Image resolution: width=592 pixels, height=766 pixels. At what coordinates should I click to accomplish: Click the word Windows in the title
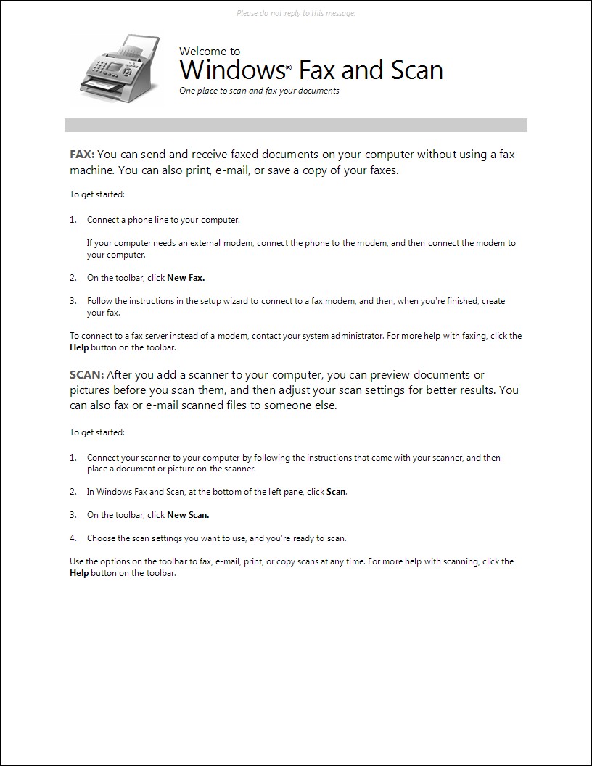click(231, 70)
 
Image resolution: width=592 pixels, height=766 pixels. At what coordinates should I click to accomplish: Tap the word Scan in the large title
click(416, 70)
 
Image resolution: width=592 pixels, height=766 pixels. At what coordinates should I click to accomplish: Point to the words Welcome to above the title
click(210, 52)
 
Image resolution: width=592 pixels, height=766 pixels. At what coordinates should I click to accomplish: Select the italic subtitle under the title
click(259, 91)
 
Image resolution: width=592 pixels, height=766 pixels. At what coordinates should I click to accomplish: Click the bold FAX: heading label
click(82, 154)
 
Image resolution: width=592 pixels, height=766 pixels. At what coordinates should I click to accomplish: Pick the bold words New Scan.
click(188, 515)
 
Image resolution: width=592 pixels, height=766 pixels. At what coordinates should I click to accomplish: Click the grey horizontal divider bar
click(295, 125)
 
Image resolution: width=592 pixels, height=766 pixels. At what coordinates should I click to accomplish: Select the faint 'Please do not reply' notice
click(296, 13)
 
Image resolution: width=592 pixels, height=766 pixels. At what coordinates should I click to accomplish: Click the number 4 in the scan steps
click(73, 538)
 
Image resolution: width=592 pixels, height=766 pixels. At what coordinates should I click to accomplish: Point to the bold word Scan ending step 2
click(336, 492)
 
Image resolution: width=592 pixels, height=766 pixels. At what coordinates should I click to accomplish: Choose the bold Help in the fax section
click(79, 347)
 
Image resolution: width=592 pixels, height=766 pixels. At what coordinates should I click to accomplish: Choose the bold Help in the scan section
click(79, 573)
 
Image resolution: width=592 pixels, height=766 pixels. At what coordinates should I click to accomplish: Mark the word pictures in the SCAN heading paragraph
click(92, 390)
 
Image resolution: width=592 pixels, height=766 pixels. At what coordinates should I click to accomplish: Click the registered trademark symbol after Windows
click(289, 65)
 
